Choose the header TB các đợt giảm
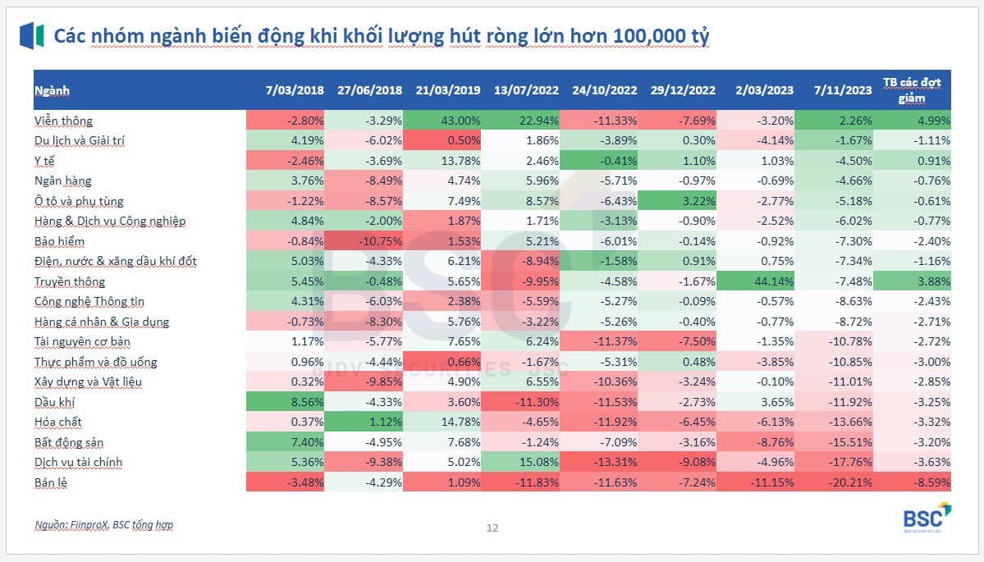[x=912, y=89]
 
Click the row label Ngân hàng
[x=63, y=180]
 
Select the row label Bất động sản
[x=69, y=442]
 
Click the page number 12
[x=492, y=528]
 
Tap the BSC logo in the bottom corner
[x=926, y=518]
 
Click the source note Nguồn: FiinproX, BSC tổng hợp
[x=104, y=524]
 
